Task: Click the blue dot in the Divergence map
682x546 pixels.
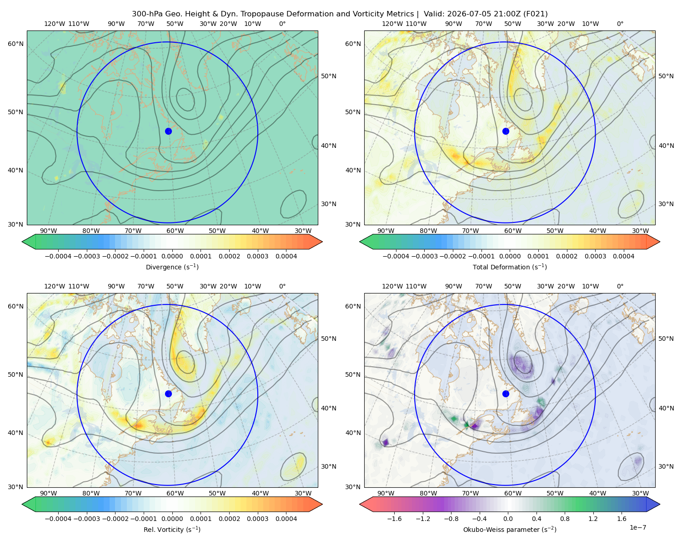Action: tap(168, 131)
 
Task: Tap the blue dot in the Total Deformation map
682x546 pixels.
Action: tap(506, 131)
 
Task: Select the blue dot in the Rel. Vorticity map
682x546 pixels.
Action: tap(168, 394)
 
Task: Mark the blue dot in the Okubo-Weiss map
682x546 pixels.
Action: tap(506, 394)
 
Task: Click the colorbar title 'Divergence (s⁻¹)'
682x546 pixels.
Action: tap(172, 267)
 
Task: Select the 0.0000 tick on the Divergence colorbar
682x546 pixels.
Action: tap(172, 256)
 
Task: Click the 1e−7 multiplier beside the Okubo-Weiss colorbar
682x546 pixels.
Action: tap(637, 527)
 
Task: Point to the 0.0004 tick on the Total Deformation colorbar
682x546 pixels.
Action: tap(623, 256)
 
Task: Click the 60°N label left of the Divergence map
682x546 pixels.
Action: tap(15, 44)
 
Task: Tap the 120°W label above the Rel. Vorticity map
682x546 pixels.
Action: tap(55, 286)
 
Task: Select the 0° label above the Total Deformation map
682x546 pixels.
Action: tap(620, 24)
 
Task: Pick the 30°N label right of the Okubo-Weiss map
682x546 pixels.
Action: tap(666, 466)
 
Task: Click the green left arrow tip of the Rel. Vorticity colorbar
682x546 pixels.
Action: tap(22, 504)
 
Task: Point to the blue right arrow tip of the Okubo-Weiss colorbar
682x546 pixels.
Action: tap(660, 504)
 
